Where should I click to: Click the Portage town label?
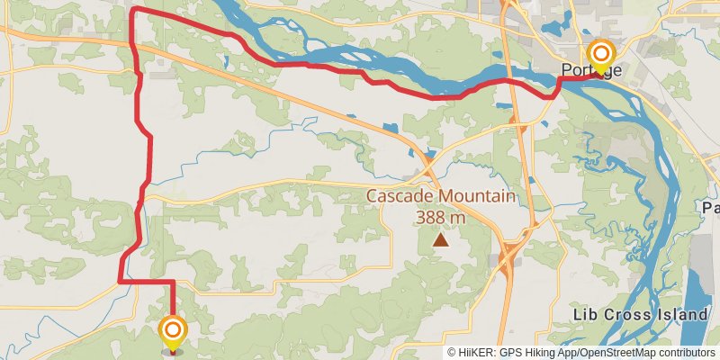[x=591, y=71]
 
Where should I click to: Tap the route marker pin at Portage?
[x=600, y=56]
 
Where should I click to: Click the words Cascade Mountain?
[x=440, y=197]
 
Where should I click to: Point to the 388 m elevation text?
[x=440, y=217]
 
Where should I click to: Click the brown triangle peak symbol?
[x=441, y=240]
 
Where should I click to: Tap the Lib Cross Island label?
[x=640, y=315]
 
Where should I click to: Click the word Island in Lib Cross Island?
[x=683, y=315]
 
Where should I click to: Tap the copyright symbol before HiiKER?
[x=453, y=353]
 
